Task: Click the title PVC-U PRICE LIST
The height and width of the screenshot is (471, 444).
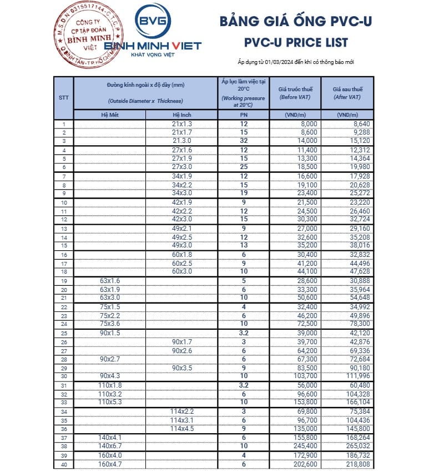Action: [296, 42]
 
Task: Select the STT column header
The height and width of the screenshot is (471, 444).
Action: [64, 97]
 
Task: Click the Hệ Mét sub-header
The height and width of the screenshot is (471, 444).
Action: [110, 115]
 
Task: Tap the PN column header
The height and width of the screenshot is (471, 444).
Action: [243, 115]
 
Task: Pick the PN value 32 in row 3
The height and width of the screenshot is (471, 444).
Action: [243, 141]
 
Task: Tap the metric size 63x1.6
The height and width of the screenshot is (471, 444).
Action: [110, 281]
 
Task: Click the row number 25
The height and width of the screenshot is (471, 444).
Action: [64, 333]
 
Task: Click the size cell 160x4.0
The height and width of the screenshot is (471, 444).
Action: [110, 455]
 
